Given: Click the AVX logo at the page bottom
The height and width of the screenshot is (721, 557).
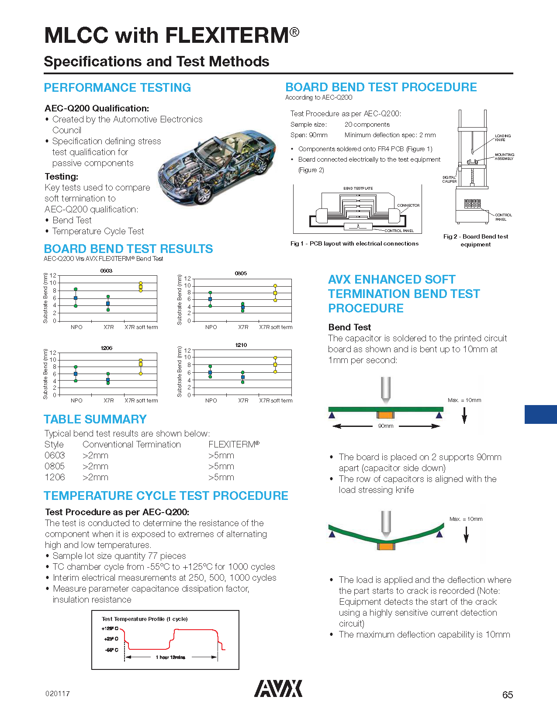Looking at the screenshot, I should coord(278,689).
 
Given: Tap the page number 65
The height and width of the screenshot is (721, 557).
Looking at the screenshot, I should coord(507,695).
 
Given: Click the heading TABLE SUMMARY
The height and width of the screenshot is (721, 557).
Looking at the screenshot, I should coord(95,419).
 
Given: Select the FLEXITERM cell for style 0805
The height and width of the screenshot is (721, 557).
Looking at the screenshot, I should coord(221,466).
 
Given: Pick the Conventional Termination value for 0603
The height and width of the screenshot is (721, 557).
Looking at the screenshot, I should coord(95,455).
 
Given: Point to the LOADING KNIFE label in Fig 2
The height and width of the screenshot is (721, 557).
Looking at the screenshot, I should coord(502,138).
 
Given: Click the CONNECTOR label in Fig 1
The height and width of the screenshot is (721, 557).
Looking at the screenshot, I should coord(408,205).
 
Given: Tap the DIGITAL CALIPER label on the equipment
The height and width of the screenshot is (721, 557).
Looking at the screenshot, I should coord(449,179).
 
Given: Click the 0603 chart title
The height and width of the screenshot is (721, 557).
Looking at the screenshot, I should coord(106,271).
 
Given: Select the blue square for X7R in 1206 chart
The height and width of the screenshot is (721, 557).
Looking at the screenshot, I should coord(108,380).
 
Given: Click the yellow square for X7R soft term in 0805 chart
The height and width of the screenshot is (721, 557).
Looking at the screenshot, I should coord(275,293).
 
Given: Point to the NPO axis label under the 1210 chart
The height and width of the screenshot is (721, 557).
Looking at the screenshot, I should coord(211,401).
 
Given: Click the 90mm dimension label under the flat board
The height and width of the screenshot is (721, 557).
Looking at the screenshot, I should coord(386,426).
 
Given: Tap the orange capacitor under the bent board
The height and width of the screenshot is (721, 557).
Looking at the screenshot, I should coord(386,547).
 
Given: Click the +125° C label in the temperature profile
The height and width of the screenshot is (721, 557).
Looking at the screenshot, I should coord(110,628).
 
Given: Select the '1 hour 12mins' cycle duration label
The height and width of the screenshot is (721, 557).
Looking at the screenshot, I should coord(170,657).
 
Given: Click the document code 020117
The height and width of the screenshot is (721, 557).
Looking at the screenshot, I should coord(57,694).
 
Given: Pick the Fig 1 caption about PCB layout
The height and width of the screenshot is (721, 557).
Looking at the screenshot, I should coord(354,244).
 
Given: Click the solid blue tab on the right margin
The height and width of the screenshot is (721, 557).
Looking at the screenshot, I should coord(540,415).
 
